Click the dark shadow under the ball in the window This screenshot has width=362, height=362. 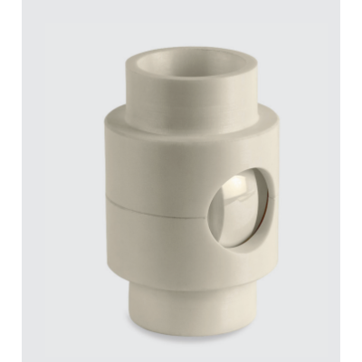(241, 235)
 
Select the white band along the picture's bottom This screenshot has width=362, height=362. (181, 357)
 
